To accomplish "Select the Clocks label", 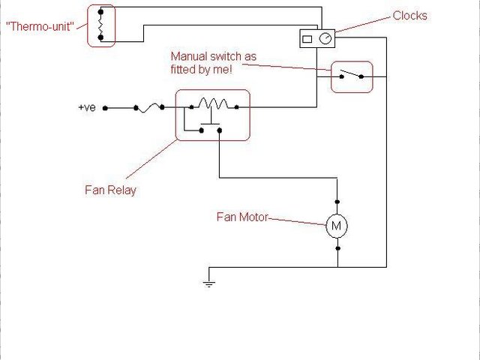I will pyautogui.click(x=410, y=16).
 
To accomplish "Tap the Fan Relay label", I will pyautogui.click(x=110, y=190).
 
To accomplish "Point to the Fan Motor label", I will pyautogui.click(x=241, y=218).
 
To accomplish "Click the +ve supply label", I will pyautogui.click(x=87, y=108).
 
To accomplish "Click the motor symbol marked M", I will pyautogui.click(x=337, y=226).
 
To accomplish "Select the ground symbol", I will pyautogui.click(x=208, y=283).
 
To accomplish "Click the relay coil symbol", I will pyautogui.click(x=214, y=104).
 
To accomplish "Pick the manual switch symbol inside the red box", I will pyautogui.click(x=352, y=75).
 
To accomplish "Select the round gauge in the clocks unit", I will pyautogui.click(x=325, y=38).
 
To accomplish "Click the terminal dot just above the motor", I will pyautogui.click(x=337, y=202).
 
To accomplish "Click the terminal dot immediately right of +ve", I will pyautogui.click(x=105, y=108).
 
